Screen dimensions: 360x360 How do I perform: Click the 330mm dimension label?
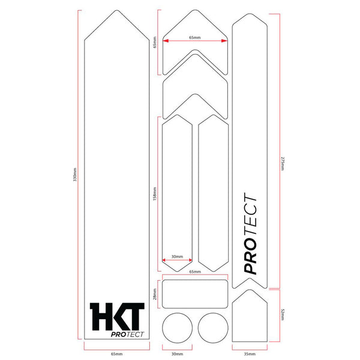point(74,175)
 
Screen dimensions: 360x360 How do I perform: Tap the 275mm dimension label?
point(283,163)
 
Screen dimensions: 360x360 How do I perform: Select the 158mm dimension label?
point(155,194)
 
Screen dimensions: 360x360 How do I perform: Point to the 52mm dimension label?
point(283,314)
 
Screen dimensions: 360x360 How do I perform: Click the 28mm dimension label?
point(155,294)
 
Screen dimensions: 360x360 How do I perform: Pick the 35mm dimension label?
point(250,354)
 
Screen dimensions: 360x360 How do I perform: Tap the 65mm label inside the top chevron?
point(194,37)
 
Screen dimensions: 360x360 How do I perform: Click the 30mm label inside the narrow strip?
point(177,256)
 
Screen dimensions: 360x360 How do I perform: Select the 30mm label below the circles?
point(177,354)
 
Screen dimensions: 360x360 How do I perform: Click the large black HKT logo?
point(117,317)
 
